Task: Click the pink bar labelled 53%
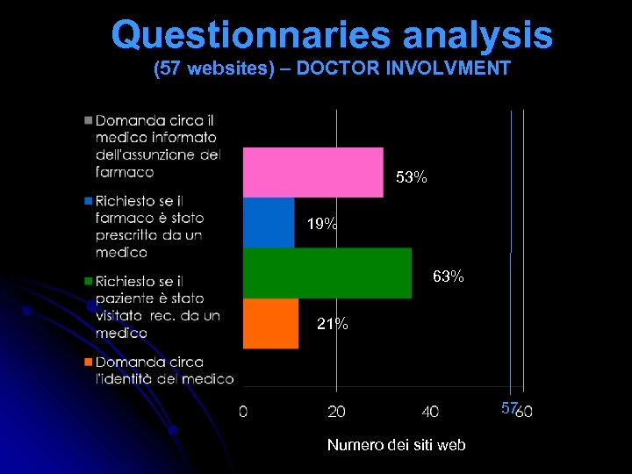pos(312,172)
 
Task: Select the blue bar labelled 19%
pos(268,223)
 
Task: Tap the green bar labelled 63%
pos(327,273)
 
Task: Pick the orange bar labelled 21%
pos(270,324)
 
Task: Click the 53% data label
pos(411,178)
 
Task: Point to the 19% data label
pos(322,224)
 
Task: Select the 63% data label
pos(448,277)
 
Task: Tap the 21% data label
pos(332,325)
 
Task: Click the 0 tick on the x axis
pos(243,411)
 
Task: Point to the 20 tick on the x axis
pos(336,411)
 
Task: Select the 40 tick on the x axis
pos(430,411)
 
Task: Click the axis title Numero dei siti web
pos(396,445)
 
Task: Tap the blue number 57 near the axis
pos(509,408)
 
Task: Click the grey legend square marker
pos(89,119)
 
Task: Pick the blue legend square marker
pos(89,200)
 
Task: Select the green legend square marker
pos(89,281)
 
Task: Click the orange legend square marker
pos(89,362)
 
